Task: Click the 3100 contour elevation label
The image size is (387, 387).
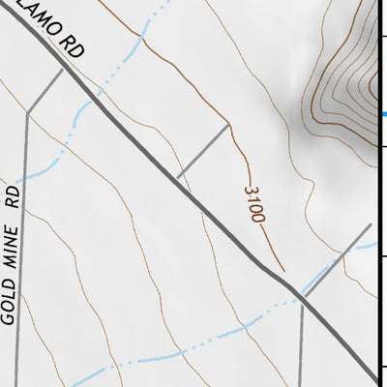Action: point(254,204)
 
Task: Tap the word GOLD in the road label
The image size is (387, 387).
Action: point(12,307)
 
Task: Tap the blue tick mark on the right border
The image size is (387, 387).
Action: point(383,115)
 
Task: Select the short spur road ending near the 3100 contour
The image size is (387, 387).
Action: point(204,151)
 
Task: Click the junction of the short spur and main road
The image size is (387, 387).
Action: point(178,177)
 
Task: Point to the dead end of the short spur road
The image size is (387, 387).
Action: point(229,125)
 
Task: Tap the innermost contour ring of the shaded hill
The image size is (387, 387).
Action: point(377,85)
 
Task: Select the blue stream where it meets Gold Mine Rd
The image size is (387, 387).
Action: point(23,177)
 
